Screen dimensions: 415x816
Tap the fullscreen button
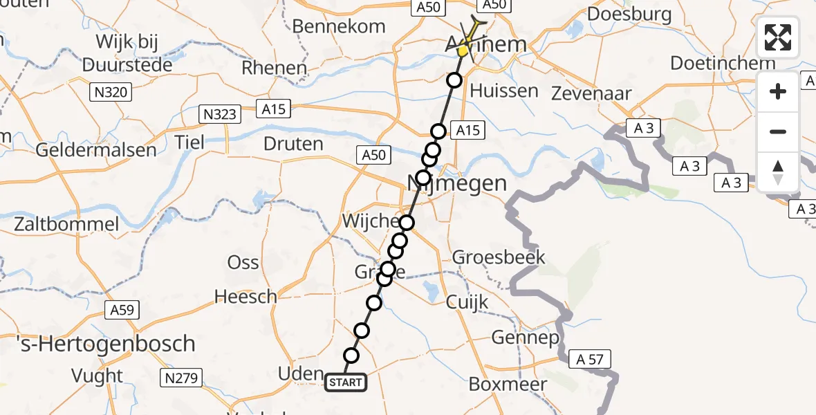(x=778, y=37)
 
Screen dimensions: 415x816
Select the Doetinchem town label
(x=723, y=64)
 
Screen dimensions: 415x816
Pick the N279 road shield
(x=180, y=378)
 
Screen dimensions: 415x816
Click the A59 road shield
(x=122, y=309)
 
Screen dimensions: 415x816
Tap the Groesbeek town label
(x=499, y=258)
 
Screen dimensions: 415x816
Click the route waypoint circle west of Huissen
(x=454, y=80)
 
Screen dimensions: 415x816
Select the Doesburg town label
(x=619, y=14)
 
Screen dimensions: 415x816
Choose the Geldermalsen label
(x=96, y=150)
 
